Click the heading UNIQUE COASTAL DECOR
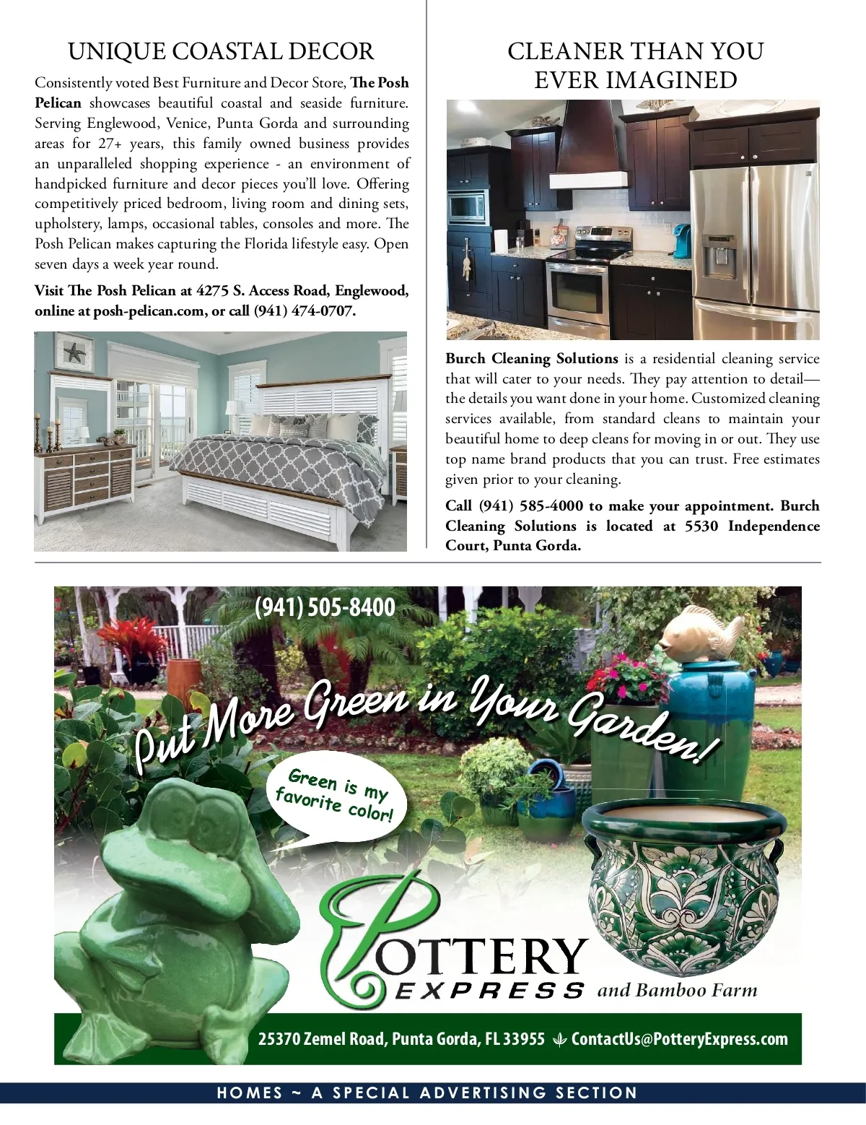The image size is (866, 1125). point(221,52)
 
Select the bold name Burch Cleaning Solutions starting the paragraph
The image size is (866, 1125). point(532,359)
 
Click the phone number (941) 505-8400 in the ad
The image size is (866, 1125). point(325,607)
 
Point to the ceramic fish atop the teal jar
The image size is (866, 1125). point(701,632)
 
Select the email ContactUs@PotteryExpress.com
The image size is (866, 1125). point(679,1039)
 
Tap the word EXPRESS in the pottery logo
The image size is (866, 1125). point(489,990)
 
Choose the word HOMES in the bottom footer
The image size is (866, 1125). point(250,1093)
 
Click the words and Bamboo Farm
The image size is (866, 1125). point(677,990)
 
